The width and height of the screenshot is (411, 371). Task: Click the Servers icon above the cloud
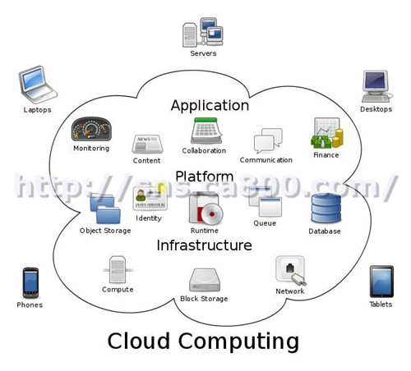203,32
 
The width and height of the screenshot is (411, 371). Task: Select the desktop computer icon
376,86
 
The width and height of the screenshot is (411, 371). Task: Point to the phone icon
30,282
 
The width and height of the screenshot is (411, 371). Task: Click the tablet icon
381,282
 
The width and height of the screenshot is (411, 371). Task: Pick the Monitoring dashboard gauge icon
91,129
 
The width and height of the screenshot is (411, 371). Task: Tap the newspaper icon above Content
147,144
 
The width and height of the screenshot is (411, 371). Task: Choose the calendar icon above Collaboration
206,131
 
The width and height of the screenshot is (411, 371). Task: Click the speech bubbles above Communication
268,140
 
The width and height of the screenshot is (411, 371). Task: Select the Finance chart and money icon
326,133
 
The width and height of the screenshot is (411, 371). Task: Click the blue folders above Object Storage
105,208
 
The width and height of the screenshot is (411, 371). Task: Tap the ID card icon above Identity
150,199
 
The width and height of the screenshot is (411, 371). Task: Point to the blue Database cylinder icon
326,208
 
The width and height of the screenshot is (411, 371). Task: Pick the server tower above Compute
118,270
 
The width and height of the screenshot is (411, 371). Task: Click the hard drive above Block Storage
205,280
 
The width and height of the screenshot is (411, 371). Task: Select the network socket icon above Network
291,271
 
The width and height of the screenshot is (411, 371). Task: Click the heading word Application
210,106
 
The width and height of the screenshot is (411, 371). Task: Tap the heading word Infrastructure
204,245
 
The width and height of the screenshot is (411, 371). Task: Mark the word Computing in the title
238,341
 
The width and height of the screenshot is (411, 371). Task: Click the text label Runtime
205,231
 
